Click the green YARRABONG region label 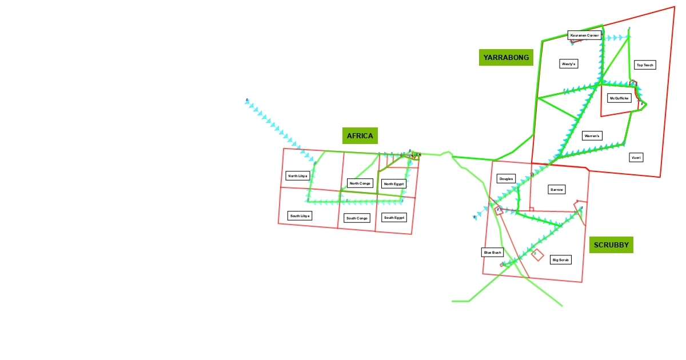506,57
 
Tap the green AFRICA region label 360,135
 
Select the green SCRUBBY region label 611,245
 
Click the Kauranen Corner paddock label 585,35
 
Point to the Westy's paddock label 569,64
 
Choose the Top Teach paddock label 645,65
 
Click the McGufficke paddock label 619,98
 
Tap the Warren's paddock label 592,136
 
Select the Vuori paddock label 636,157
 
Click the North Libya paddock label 298,176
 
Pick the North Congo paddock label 360,183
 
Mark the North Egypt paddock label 394,184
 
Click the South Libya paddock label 300,216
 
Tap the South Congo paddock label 357,218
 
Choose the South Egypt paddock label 394,218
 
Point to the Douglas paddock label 506,179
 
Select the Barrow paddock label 556,189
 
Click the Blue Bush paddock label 492,252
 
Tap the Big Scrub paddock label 560,260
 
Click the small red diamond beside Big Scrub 537,255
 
